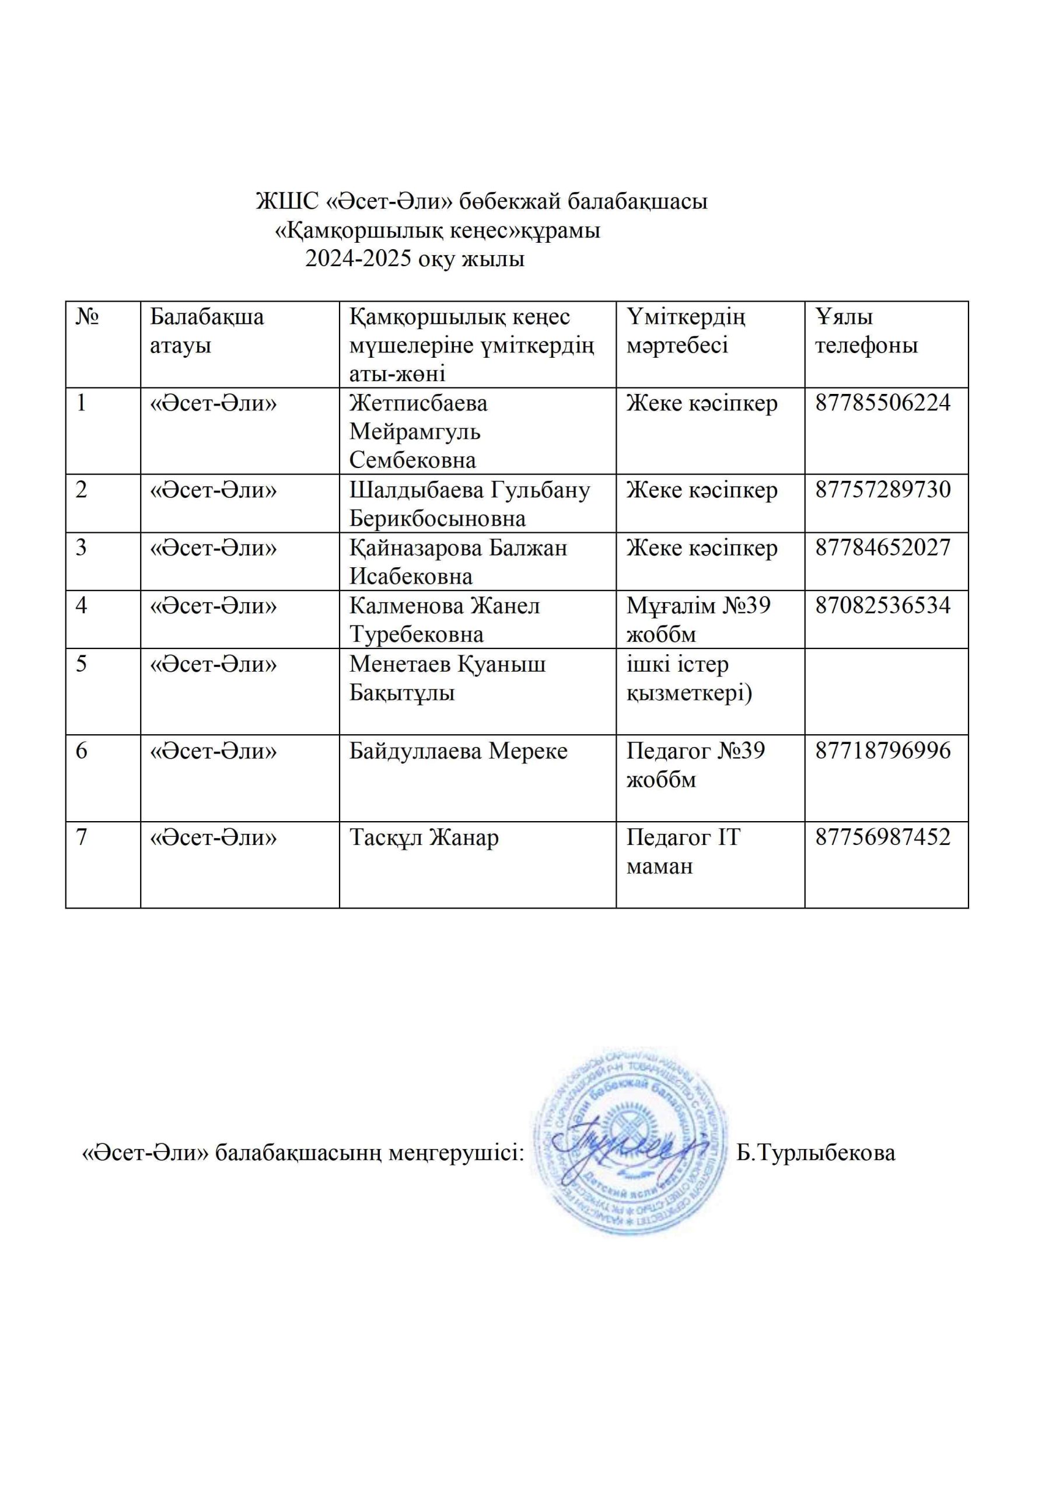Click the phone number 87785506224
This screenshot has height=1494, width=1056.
point(882,403)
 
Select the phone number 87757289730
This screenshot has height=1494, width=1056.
point(882,489)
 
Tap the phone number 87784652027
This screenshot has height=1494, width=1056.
point(882,547)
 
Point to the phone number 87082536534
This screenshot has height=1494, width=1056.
point(882,605)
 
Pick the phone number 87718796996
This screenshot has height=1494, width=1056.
point(882,751)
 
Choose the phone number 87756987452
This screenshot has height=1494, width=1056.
point(882,837)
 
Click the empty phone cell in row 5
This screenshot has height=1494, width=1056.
point(886,691)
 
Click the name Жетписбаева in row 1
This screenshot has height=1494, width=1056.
point(418,403)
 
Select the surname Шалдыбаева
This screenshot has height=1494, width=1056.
point(416,489)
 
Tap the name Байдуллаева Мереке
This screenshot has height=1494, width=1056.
point(458,751)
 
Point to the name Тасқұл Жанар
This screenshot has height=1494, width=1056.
point(424,837)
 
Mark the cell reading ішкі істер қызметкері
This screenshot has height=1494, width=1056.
point(688,678)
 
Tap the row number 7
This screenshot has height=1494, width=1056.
point(81,837)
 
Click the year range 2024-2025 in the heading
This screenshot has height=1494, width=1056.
point(358,259)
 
